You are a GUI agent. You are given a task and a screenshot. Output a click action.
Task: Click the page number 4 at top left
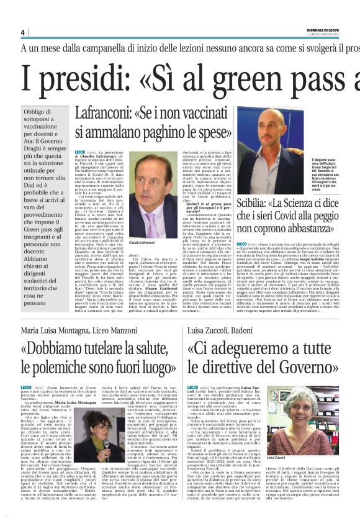point(22,32)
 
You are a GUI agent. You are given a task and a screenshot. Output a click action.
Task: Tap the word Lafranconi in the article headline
point(104,114)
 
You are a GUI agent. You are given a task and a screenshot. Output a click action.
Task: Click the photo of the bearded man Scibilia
point(276,142)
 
